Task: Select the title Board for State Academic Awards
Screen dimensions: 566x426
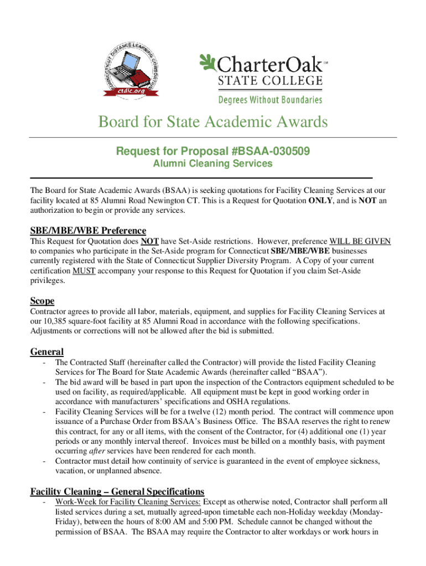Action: click(x=213, y=122)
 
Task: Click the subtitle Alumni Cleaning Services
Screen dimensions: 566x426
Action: click(x=213, y=164)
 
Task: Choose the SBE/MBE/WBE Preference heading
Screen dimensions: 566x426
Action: click(x=88, y=230)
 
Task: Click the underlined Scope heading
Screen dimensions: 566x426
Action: click(x=42, y=301)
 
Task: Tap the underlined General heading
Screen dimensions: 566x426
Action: click(x=46, y=352)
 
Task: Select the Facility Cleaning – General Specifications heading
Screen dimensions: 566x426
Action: click(x=117, y=491)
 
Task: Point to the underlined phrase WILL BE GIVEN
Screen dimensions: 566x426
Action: click(x=360, y=241)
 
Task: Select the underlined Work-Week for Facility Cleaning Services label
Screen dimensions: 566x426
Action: click(x=128, y=502)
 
